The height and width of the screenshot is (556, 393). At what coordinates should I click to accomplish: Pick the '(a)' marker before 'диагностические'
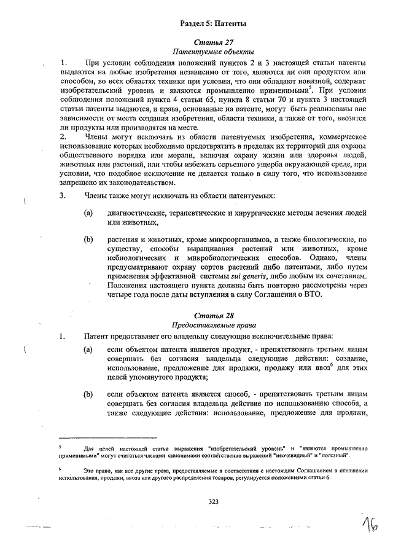[89, 213]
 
